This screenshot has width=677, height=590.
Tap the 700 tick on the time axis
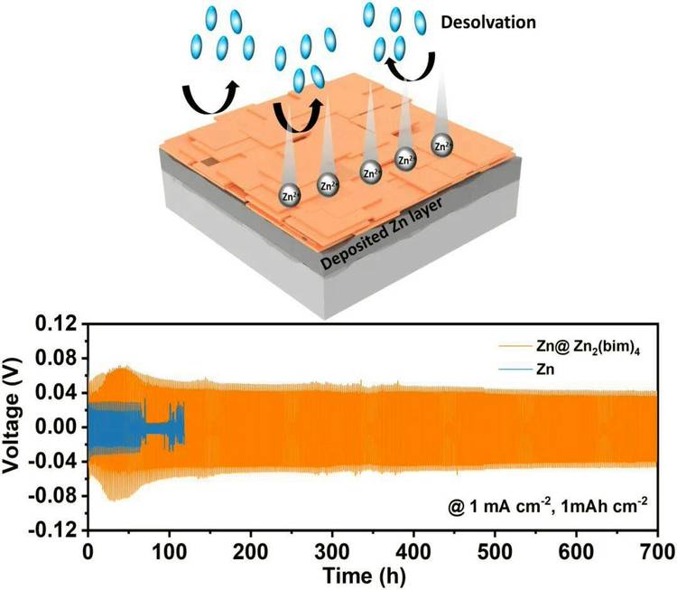pos(656,551)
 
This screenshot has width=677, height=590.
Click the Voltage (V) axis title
pos(15,426)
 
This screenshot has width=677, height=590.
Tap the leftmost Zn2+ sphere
pos(291,193)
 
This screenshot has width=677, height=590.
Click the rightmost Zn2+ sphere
pos(442,144)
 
